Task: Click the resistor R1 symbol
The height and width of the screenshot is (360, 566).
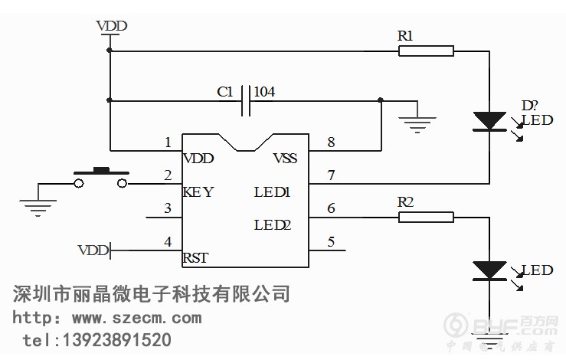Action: tap(426, 51)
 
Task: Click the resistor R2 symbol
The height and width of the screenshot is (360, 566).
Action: tap(426, 218)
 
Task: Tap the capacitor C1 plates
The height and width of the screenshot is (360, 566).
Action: tap(246, 100)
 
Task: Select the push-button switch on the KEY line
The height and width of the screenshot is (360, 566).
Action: tap(100, 178)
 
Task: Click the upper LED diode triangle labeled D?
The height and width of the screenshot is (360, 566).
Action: tap(489, 121)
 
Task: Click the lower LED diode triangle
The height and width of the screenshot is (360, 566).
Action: tap(489, 270)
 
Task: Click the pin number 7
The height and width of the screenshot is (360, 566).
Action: tap(331, 175)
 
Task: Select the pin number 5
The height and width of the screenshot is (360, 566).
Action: tap(331, 242)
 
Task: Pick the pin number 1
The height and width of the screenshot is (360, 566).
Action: tap(167, 142)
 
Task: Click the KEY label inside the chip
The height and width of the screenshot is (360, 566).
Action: tap(198, 191)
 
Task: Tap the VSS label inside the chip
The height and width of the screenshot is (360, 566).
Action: tap(285, 159)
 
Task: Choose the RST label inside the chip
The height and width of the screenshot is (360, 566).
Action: tap(195, 257)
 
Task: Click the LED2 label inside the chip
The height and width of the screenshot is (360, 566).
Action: tap(273, 224)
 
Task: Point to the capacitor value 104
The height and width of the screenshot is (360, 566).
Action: tap(264, 92)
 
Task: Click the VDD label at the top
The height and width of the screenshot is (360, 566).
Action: tap(112, 27)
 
